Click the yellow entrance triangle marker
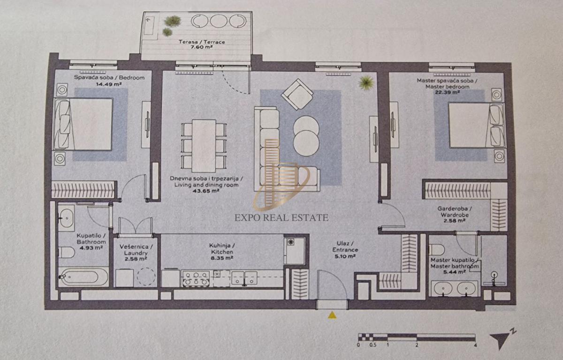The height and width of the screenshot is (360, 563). click(x=332, y=315)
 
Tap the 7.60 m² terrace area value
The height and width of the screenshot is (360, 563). click(x=202, y=47)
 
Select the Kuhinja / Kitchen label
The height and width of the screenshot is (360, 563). click(x=222, y=248)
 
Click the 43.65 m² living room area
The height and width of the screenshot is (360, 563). click(x=206, y=191)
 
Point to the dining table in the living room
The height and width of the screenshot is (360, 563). click(x=204, y=146)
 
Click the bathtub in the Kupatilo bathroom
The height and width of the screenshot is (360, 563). click(x=83, y=277)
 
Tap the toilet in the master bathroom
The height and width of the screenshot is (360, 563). click(x=437, y=249)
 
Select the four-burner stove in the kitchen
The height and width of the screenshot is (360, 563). click(x=196, y=278)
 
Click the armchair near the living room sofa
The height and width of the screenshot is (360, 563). click(x=297, y=94)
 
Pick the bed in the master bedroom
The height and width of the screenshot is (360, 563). click(x=476, y=125)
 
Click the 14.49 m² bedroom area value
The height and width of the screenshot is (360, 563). click(x=109, y=84)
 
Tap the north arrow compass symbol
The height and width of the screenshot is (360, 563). click(x=502, y=340)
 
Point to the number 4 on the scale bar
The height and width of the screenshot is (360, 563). click(x=475, y=345)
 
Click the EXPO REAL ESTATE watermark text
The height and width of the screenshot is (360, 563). click(x=281, y=218)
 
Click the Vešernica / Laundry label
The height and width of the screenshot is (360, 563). click(x=136, y=250)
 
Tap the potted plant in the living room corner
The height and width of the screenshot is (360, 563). click(x=366, y=83)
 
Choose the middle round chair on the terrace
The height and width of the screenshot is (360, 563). click(x=219, y=21)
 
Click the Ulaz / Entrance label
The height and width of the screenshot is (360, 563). click(x=345, y=246)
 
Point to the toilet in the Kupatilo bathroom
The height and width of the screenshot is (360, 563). click(x=66, y=253)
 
